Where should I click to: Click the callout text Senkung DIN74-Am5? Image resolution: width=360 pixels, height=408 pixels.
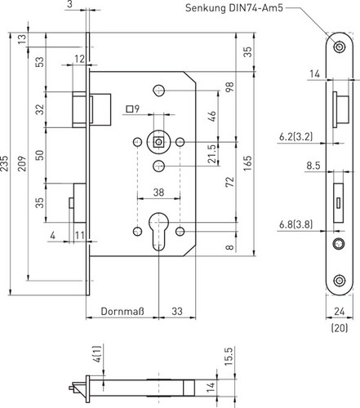(234, 8)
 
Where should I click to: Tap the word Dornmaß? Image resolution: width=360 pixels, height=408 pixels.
(122, 311)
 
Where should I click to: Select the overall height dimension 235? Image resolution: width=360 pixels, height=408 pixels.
(4, 163)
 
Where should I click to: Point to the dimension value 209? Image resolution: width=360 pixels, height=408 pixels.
(22, 163)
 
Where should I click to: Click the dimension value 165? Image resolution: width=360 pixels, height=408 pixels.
(247, 163)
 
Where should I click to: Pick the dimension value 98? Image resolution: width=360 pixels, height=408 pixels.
(229, 87)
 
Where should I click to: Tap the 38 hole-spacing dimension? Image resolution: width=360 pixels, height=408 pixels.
(158, 193)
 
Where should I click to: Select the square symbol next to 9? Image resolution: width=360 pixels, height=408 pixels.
(130, 109)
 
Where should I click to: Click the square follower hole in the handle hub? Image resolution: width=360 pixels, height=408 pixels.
(158, 142)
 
